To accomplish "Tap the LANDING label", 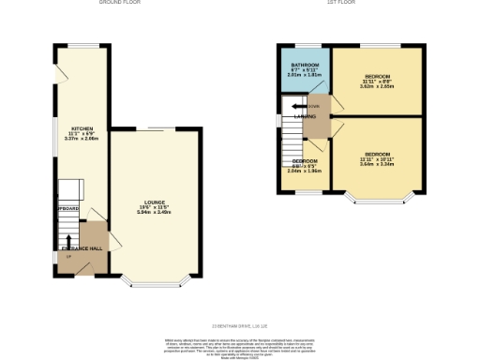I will click(303, 117).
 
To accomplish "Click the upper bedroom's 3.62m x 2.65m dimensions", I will click(377, 85).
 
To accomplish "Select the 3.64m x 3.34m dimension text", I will click(377, 164).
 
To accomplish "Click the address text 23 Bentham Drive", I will click(240, 300).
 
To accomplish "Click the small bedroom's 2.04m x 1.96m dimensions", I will click(303, 172).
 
